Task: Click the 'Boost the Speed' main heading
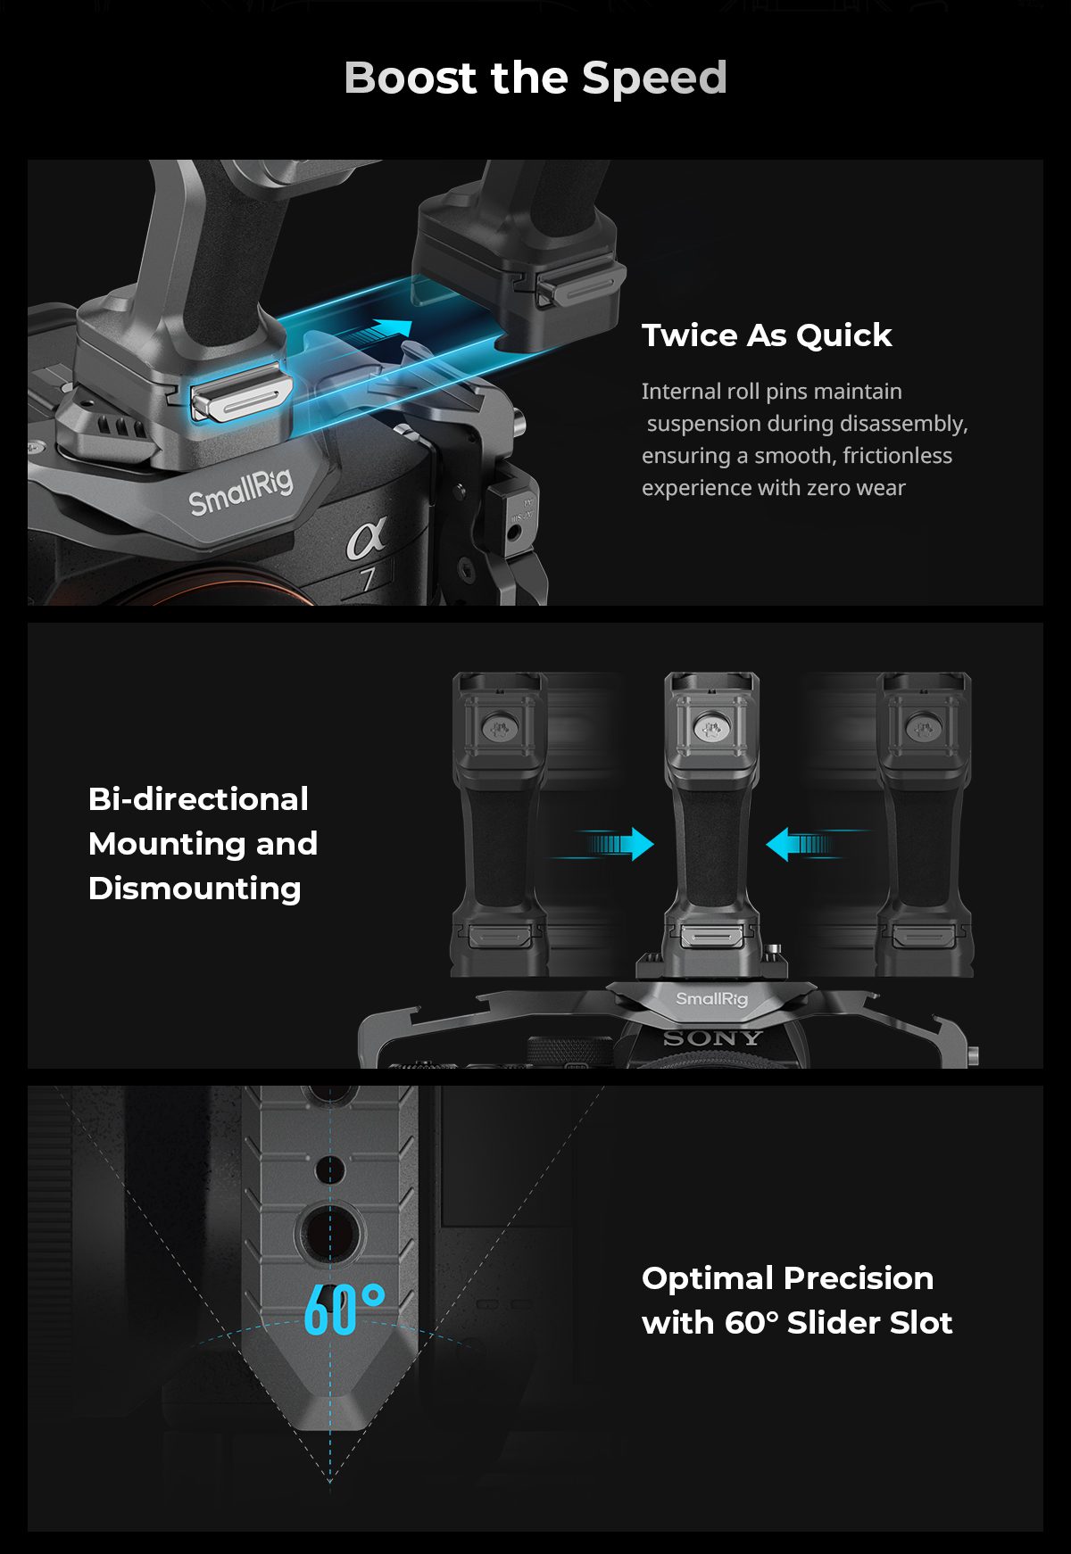point(535,78)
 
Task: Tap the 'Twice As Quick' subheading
point(767,335)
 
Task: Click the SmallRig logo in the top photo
point(241,492)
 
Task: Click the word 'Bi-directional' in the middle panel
point(198,799)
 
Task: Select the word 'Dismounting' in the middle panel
point(195,889)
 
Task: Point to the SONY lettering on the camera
point(712,1038)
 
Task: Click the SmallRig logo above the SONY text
point(711,999)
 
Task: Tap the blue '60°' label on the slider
point(345,1309)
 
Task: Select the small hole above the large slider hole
point(330,1169)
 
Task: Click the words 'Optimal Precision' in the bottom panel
point(787,1278)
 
